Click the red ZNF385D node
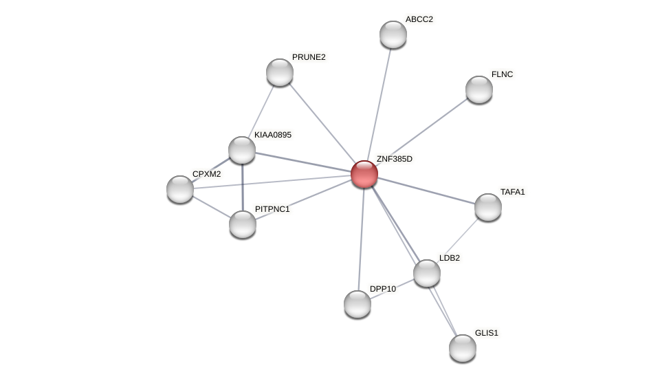tap(364, 174)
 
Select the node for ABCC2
tap(393, 34)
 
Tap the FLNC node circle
tap(479, 89)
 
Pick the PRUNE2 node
tap(280, 72)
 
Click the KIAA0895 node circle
tap(242, 150)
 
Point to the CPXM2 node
tap(180, 189)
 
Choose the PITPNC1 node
tap(243, 224)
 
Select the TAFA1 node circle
tap(488, 207)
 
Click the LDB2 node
tap(427, 273)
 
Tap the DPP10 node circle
tap(357, 304)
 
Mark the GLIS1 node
tap(463, 348)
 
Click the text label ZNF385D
tap(394, 159)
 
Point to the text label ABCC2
tap(419, 19)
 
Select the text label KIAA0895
tap(272, 135)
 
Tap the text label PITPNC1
tap(272, 209)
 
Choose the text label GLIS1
tap(486, 333)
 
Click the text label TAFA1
tap(512, 192)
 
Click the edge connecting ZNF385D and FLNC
tap(421, 131)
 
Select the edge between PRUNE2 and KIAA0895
tap(261, 111)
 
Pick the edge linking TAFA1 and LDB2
tap(458, 240)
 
